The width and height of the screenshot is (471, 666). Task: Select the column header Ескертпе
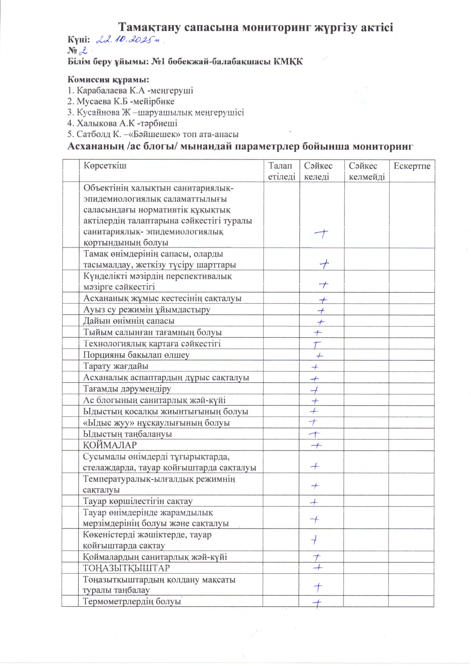tap(412, 166)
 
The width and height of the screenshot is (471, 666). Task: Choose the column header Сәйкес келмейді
tap(366, 171)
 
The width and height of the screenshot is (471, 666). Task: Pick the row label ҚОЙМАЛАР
tap(110, 445)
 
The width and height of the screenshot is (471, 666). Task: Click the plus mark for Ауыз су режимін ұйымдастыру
tap(321, 311)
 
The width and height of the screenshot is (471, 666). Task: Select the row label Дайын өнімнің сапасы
tap(129, 321)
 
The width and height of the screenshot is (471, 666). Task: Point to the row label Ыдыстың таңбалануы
tap(127, 434)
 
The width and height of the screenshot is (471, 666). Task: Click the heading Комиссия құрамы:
tap(109, 79)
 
